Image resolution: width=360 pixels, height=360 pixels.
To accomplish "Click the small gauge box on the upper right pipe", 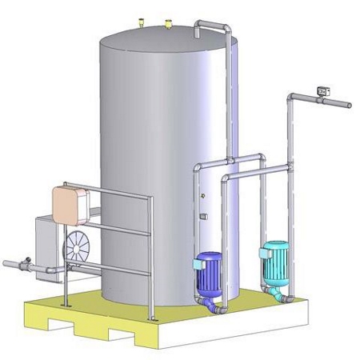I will click(x=324, y=90).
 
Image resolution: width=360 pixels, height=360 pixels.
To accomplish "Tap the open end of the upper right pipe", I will click(x=350, y=105).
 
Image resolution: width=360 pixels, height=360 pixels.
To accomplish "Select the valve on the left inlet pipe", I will click(x=27, y=262).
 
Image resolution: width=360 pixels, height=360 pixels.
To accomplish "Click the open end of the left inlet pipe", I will click(x=5, y=265).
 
